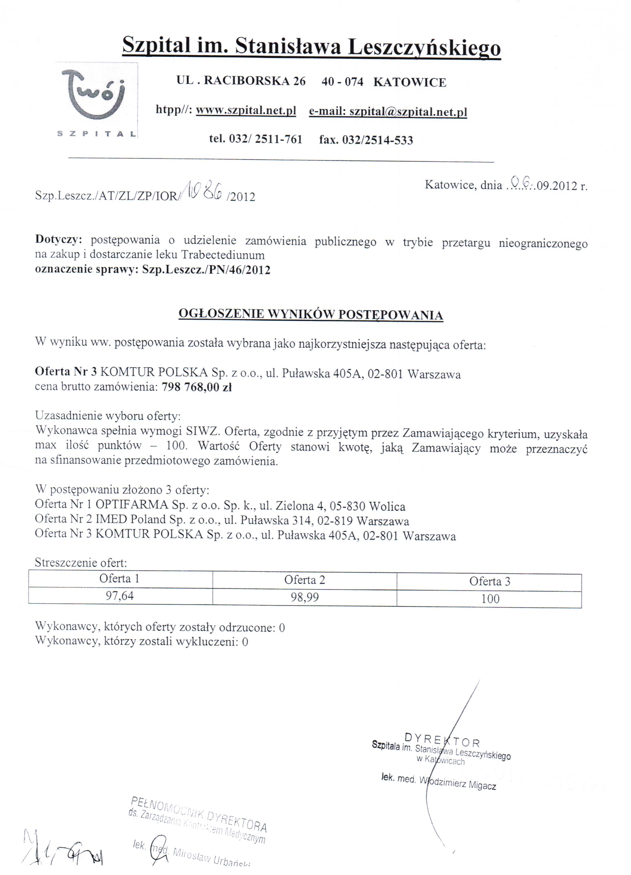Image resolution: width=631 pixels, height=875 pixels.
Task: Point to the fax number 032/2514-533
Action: coord(377,140)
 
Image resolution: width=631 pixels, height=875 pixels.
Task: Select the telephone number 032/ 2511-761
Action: coord(265,139)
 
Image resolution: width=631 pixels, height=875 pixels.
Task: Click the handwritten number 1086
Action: coord(203,190)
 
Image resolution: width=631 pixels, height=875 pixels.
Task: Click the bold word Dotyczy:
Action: coord(59,240)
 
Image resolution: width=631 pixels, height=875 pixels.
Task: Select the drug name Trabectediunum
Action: coord(223,255)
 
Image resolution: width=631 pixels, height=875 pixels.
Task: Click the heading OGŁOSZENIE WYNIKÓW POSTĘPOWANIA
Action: coord(310,314)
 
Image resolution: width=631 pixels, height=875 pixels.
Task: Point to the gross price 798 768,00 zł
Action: coord(196,387)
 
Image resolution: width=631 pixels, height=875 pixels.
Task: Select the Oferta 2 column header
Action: coord(304,579)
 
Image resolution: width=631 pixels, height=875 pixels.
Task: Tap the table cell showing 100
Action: coord(490,599)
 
